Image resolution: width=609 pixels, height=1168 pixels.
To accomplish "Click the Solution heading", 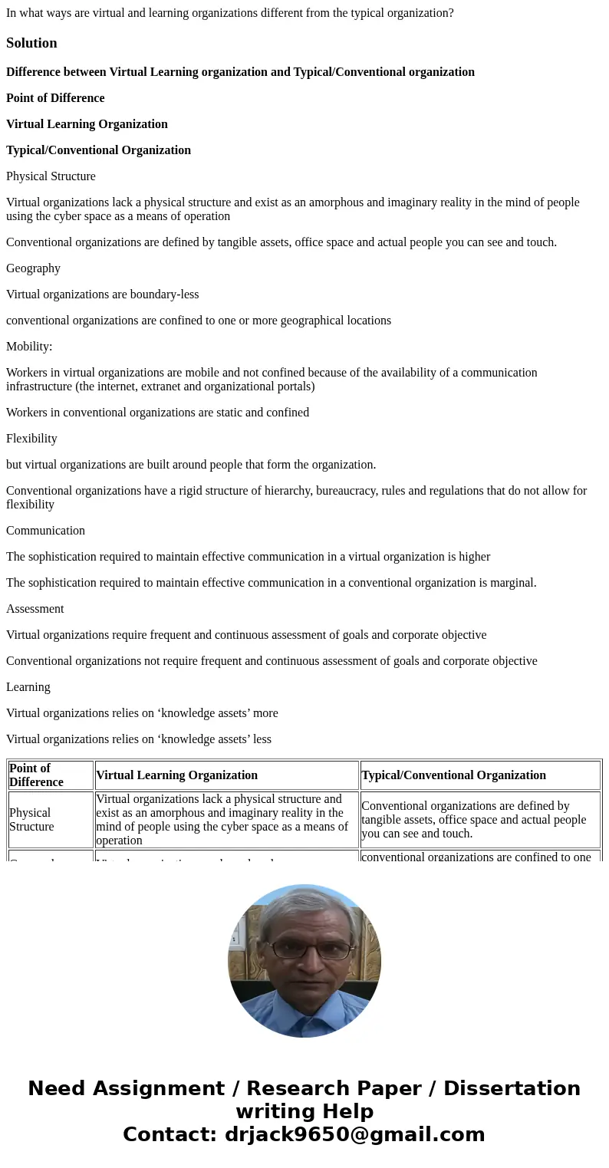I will [x=31, y=43].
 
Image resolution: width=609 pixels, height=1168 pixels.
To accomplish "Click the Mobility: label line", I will [x=29, y=347].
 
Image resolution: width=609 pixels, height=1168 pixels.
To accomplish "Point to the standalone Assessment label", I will [x=35, y=609].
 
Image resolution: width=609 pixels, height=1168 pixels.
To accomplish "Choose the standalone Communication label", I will [x=45, y=531].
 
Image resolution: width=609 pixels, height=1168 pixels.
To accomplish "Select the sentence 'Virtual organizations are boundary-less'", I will [x=102, y=294].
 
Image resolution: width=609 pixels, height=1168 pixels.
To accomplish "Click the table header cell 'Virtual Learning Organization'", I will [x=176, y=775].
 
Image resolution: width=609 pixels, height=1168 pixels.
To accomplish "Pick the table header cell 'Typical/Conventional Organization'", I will [x=453, y=775].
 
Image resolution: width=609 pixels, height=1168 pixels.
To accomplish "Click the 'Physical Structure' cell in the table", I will [x=31, y=820].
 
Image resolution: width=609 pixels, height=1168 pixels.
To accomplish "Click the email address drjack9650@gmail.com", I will [x=354, y=1135].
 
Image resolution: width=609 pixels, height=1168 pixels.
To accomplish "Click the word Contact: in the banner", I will [x=170, y=1135].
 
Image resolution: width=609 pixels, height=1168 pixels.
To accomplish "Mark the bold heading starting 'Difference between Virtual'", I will [x=240, y=72].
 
